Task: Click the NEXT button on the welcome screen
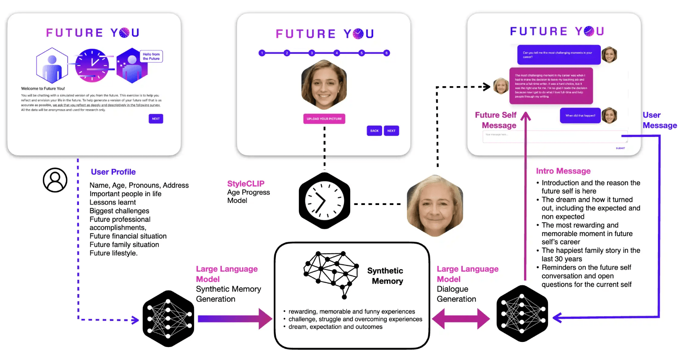click(156, 119)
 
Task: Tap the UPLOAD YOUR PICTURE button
click(324, 119)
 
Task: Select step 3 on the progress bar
click(312, 53)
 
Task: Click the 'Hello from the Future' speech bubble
click(151, 56)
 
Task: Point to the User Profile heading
click(113, 172)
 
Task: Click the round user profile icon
click(55, 180)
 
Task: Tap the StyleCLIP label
click(246, 184)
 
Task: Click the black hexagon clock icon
click(324, 201)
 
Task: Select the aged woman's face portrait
click(435, 206)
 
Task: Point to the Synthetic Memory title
click(385, 276)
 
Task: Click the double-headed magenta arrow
click(461, 319)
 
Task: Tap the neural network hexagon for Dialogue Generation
click(522, 313)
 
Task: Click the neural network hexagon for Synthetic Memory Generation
click(168, 318)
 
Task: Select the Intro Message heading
click(563, 171)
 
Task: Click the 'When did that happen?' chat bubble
click(580, 116)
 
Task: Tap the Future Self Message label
click(496, 120)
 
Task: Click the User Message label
click(659, 120)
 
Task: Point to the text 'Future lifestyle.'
click(113, 253)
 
